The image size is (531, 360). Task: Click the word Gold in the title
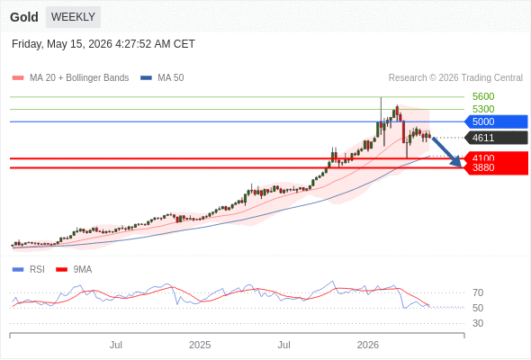pos(24,17)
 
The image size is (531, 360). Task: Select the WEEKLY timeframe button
pos(73,17)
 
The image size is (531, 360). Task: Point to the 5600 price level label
pos(483,96)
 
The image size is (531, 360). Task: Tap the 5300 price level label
pos(483,109)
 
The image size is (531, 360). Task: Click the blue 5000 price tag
pos(496,121)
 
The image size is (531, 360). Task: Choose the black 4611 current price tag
pos(496,138)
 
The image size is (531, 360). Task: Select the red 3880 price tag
pos(496,168)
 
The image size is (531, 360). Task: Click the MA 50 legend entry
pos(162,78)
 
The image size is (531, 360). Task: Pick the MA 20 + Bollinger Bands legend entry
pos(70,78)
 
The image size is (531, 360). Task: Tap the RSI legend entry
pos(29,270)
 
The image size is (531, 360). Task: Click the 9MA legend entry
pos(74,270)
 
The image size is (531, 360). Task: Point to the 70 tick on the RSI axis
pos(478,292)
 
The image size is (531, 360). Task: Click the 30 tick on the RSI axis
pos(478,323)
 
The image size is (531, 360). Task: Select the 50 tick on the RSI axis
pos(478,308)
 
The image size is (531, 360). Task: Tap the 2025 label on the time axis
pos(200,345)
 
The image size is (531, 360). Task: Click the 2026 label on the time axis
pos(368,345)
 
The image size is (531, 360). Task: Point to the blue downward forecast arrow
pos(446,152)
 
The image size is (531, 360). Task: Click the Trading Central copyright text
pos(455,78)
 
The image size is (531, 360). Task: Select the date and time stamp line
pos(103,44)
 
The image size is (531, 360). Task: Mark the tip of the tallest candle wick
pos(381,97)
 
